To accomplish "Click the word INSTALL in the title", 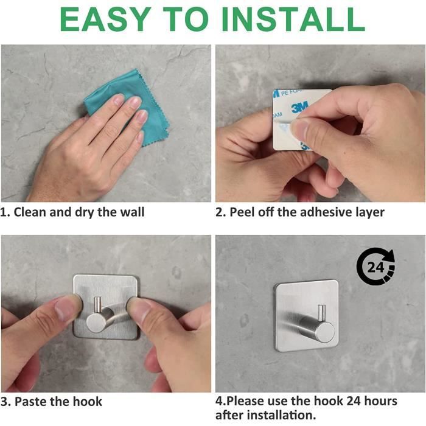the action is coord(293,19).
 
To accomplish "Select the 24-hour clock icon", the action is coord(375,267).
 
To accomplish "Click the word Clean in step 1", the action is coord(30,212).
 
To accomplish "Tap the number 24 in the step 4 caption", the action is coord(354,401).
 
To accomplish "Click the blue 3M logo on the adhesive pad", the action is coord(300,106).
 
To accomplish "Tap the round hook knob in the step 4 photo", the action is coord(326,333).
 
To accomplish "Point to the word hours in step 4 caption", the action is coord(380,401).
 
